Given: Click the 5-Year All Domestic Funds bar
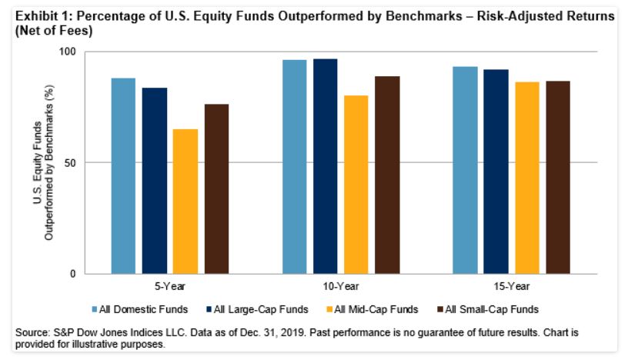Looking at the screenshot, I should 123,176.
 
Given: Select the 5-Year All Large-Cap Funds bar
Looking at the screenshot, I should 154,181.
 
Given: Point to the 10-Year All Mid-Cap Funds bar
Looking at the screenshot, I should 356,185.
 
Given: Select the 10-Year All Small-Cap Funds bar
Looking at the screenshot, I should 387,175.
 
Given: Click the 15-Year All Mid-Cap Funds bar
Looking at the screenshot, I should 527,178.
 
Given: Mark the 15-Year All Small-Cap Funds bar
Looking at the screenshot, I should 559,178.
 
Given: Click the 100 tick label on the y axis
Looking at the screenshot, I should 71,52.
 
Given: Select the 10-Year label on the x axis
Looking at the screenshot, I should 340,285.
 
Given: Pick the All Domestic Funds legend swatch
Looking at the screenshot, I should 94,309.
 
